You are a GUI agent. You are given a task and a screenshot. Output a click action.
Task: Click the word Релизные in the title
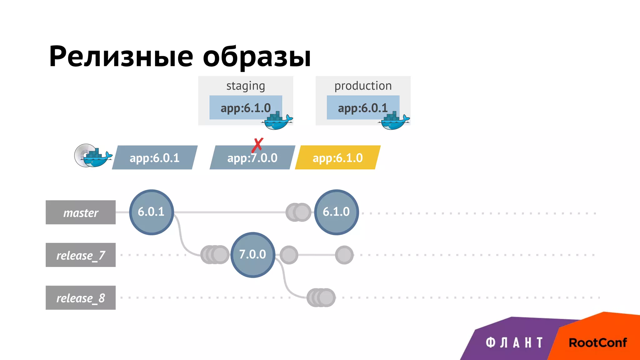[x=121, y=57]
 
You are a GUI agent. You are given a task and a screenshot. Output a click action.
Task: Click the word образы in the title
[x=257, y=57]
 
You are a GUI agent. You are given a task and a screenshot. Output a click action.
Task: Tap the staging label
[x=246, y=86]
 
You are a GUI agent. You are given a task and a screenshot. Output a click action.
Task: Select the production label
[x=363, y=86]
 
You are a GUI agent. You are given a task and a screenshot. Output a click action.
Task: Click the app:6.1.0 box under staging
[x=245, y=108]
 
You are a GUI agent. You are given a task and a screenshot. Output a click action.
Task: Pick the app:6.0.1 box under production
[x=362, y=108]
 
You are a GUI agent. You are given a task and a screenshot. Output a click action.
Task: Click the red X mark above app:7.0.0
[x=258, y=145]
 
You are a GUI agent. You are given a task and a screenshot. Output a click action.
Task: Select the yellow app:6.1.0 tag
[x=337, y=158]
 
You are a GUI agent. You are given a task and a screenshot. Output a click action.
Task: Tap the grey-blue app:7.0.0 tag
[x=252, y=158]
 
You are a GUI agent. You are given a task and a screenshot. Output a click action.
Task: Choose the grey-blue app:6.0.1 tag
[x=155, y=158]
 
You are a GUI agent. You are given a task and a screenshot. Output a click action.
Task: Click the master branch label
[x=81, y=212]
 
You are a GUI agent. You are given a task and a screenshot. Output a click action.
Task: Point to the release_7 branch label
[x=81, y=255]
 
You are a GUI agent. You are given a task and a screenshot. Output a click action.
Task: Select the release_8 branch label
[x=81, y=298]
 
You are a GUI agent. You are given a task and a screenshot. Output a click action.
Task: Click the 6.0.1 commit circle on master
[x=151, y=212]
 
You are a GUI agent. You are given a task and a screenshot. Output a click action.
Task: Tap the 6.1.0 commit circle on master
[x=336, y=212]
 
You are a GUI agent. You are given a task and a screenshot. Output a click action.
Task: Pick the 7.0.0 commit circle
[x=252, y=255]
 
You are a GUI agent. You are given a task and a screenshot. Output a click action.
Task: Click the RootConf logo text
[x=597, y=343]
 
